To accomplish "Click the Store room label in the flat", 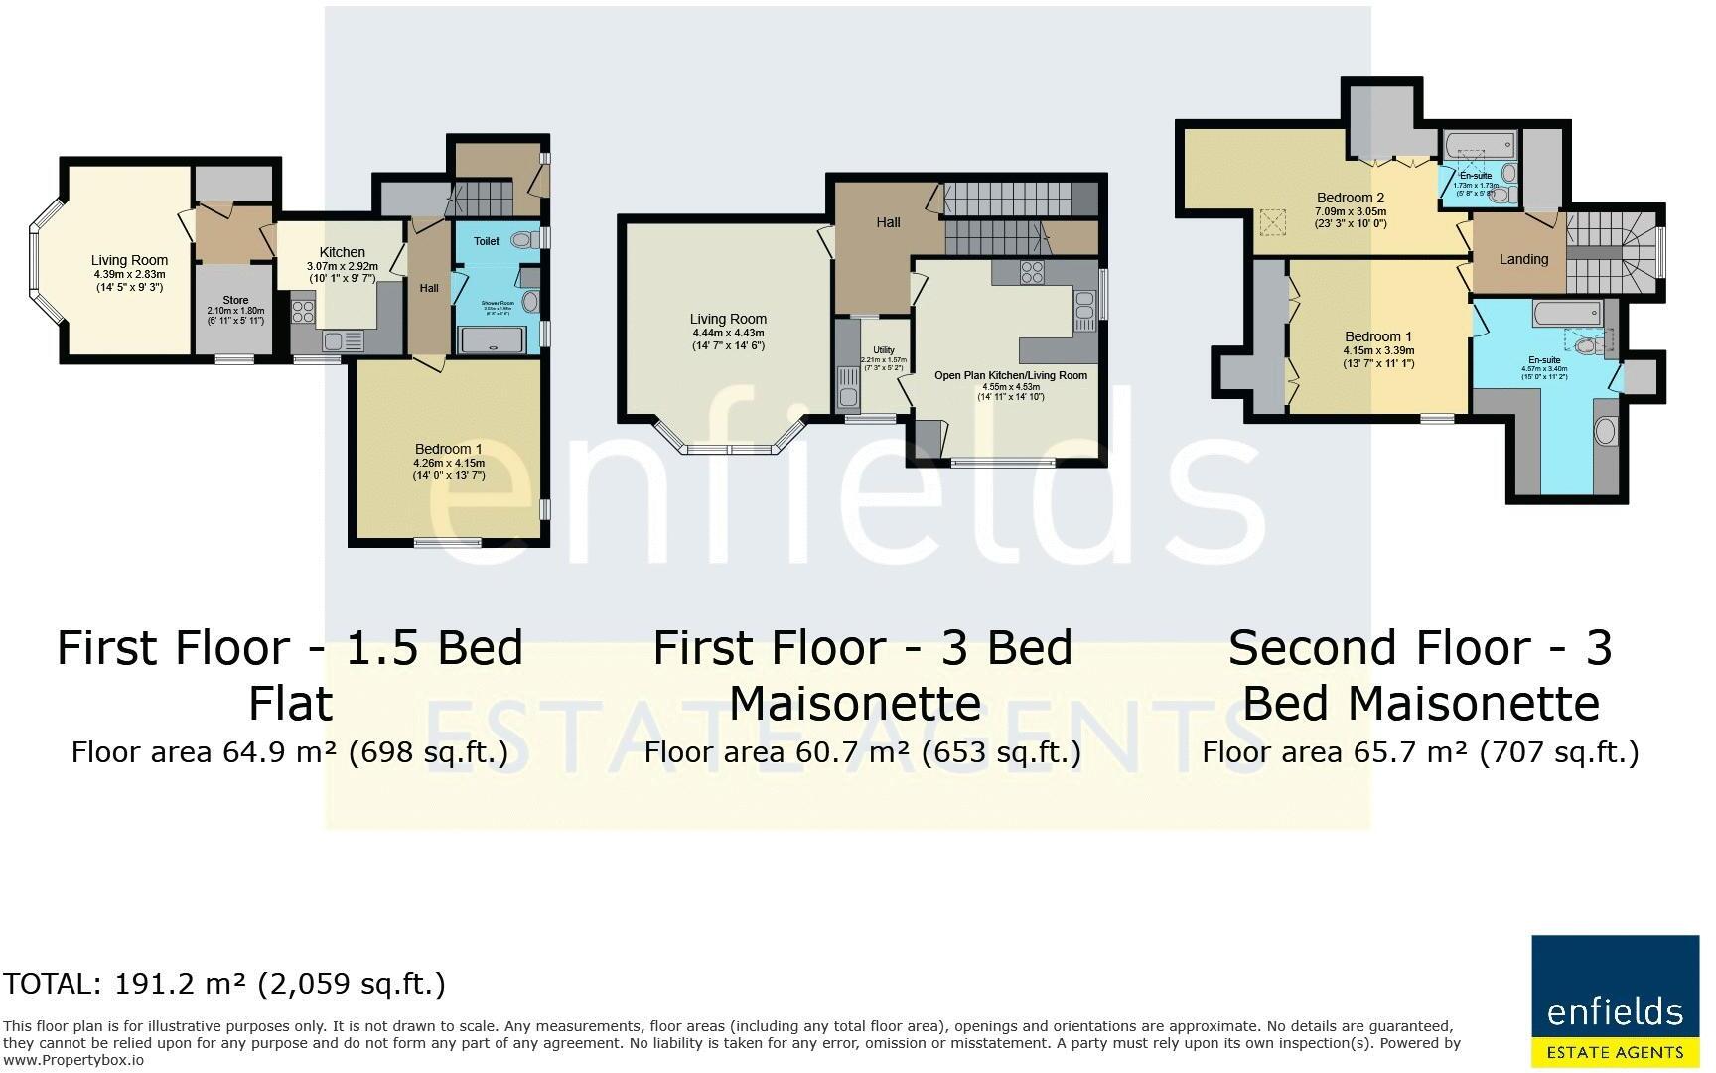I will pyautogui.click(x=235, y=300).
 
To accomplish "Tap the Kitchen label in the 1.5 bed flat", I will pyautogui.click(x=342, y=252).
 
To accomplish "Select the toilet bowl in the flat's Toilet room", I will pyautogui.click(x=523, y=239).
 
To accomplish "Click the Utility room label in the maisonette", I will pyautogui.click(x=883, y=350).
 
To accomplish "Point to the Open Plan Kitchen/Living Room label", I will pyautogui.click(x=1010, y=375).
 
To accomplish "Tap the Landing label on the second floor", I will pyautogui.click(x=1522, y=259).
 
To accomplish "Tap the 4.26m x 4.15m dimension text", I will pyautogui.click(x=449, y=463).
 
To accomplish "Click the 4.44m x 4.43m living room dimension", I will pyautogui.click(x=728, y=333).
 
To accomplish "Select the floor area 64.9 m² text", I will pyautogui.click(x=289, y=752).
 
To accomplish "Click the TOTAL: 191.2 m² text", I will pyautogui.click(x=223, y=984).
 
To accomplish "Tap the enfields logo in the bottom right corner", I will pyautogui.click(x=1615, y=1001).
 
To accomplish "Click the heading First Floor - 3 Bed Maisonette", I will pyautogui.click(x=862, y=675).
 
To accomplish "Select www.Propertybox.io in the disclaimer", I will pyautogui.click(x=73, y=1060).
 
